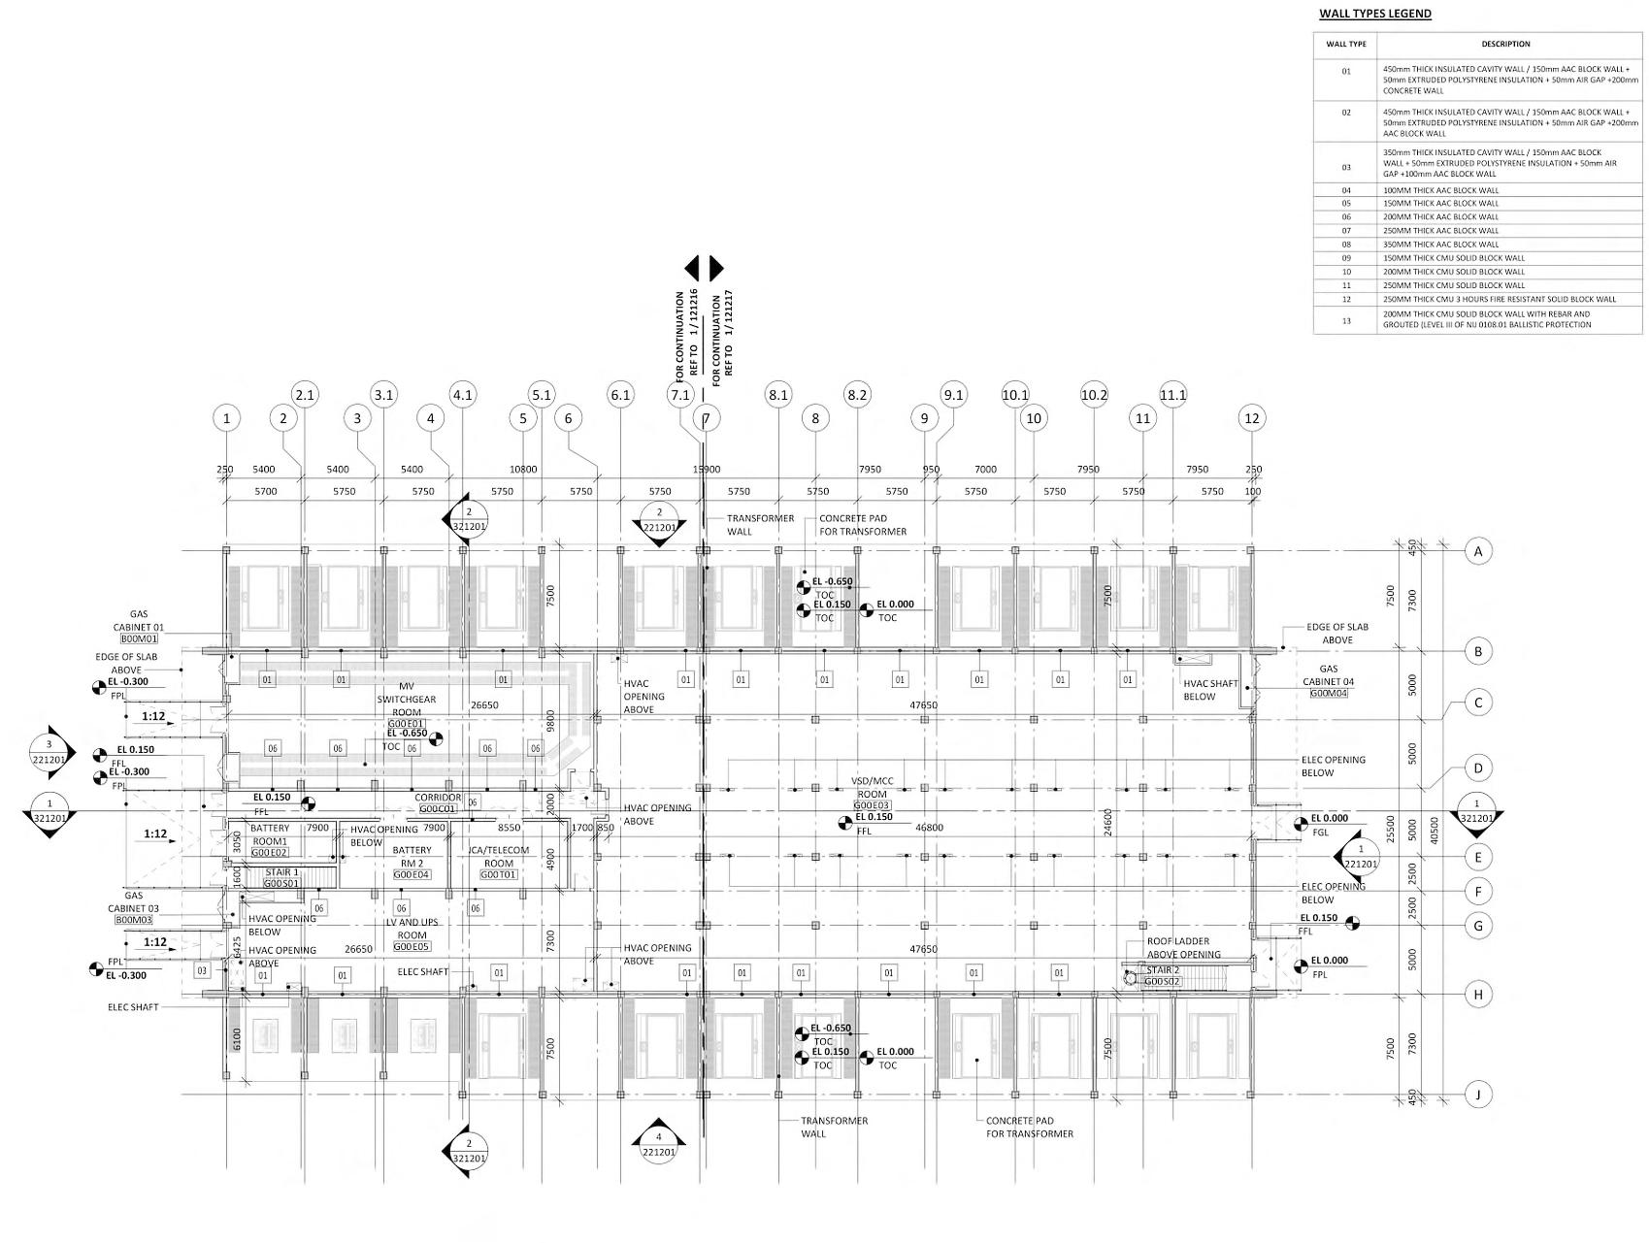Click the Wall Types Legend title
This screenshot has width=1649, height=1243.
[1374, 14]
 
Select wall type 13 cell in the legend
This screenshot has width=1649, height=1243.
[1345, 320]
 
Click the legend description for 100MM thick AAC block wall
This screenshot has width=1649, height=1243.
[1440, 190]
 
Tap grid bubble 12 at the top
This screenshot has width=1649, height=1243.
[1252, 418]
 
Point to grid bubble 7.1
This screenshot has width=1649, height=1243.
[680, 395]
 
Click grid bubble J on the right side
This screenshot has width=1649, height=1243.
[1478, 1095]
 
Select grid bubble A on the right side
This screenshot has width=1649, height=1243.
[1478, 551]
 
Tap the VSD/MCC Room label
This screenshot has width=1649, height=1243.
[871, 787]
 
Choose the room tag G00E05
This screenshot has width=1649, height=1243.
[412, 947]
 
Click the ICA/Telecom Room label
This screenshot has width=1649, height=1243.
[499, 857]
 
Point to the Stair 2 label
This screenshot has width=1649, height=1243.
[1163, 970]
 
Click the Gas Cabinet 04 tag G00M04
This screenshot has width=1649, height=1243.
[1332, 694]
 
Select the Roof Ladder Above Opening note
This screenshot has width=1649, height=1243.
[1183, 948]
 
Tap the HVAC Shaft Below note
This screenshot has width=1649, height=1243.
[1210, 690]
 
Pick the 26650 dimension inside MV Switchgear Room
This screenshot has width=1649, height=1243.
[483, 705]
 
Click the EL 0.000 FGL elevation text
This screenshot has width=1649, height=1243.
[1329, 825]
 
